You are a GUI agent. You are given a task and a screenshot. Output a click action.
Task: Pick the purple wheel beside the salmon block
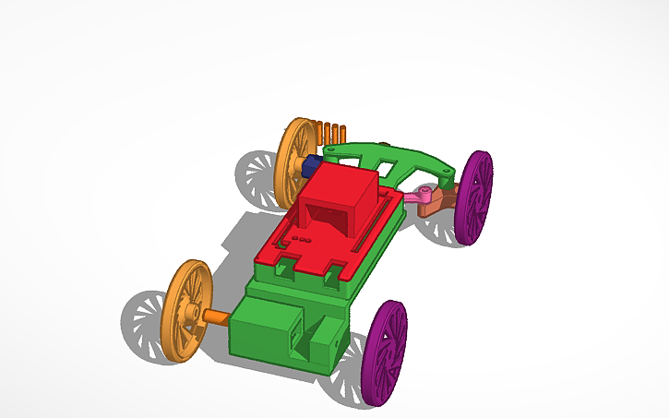[x=476, y=196]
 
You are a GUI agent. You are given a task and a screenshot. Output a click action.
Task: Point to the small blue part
[x=311, y=165]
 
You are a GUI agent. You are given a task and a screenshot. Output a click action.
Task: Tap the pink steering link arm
[x=416, y=196]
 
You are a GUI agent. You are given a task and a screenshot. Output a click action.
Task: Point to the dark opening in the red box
[x=325, y=218]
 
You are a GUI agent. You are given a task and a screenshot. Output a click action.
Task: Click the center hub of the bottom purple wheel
[x=386, y=353]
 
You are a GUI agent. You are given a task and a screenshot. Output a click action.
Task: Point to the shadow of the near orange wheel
[x=143, y=318]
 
